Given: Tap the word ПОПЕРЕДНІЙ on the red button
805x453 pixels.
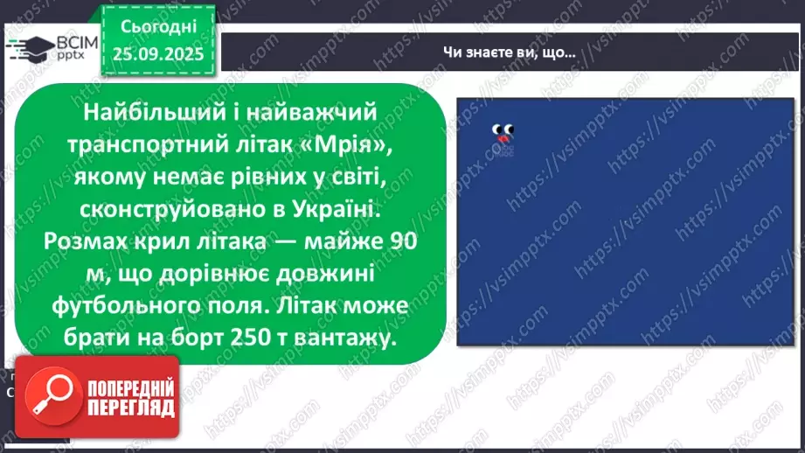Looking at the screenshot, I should coord(129,386).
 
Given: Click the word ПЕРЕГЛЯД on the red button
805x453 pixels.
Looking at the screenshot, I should coord(129,407).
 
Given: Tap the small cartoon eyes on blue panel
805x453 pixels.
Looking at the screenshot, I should coord(503,130).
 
